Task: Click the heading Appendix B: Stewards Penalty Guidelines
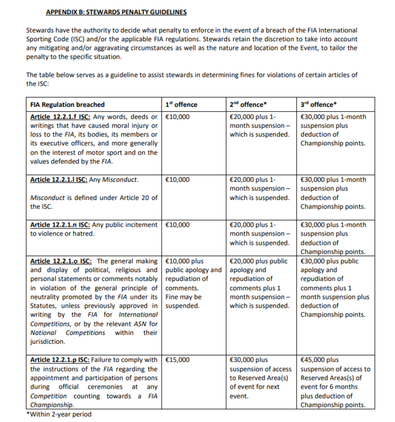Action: (116, 12)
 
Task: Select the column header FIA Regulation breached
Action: (67, 104)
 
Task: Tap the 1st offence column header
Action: (181, 104)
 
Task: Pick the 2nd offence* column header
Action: (248, 104)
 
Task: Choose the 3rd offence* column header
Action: (319, 104)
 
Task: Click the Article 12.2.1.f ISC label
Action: (57, 117)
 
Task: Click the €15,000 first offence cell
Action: (177, 360)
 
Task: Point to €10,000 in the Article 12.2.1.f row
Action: (177, 117)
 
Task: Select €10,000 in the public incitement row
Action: (177, 225)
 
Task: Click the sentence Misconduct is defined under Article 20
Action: (94, 198)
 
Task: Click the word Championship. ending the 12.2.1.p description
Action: (52, 405)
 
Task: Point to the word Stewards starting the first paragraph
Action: (38, 30)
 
